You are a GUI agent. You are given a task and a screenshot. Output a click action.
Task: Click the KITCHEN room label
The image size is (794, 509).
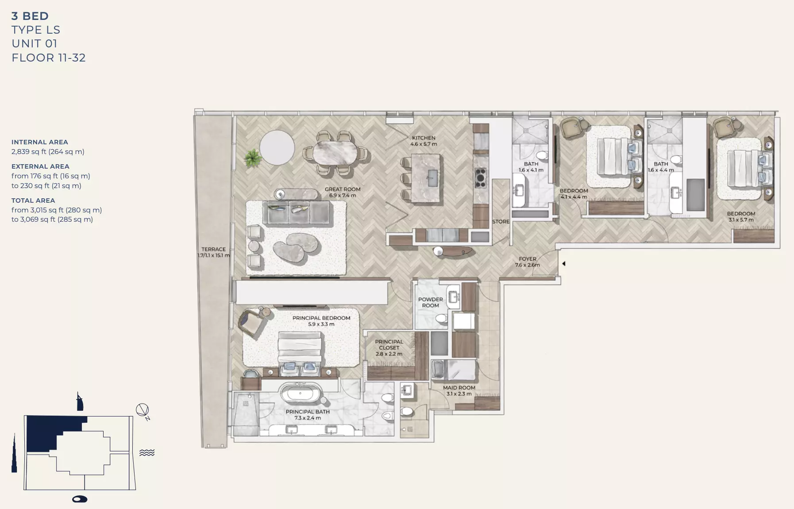[424, 141]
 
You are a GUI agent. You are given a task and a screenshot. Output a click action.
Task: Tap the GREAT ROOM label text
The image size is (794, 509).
[343, 192]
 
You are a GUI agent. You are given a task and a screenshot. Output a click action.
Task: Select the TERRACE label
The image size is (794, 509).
[213, 252]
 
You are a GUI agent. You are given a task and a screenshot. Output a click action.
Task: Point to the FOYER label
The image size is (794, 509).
[527, 262]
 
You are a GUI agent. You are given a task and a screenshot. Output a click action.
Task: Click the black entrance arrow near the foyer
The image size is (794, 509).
[563, 264]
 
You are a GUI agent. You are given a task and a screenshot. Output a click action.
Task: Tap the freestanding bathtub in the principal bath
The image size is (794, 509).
[301, 393]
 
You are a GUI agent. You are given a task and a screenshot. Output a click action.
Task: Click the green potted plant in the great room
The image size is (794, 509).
[253, 158]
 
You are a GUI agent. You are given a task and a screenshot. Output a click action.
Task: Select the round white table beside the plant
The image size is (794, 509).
[277, 148]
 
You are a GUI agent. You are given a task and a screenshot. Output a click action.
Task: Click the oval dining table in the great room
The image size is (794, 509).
[335, 153]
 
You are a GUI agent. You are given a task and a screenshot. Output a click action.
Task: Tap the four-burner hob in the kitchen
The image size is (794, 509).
[480, 178]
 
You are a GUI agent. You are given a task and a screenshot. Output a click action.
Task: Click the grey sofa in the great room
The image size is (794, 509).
[297, 213]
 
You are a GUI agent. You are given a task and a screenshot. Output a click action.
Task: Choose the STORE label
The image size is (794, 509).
[501, 222]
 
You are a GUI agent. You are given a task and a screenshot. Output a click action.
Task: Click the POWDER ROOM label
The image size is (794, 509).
[430, 302]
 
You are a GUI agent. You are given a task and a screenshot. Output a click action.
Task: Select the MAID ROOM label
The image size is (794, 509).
[459, 390]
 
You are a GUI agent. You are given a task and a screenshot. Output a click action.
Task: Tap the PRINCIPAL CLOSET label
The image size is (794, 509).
[389, 347]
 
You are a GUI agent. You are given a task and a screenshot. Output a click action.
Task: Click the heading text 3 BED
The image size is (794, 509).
[30, 16]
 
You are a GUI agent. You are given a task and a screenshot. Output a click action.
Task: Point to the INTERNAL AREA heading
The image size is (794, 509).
[40, 142]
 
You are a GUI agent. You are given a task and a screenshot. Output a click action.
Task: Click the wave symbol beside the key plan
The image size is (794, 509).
[147, 452]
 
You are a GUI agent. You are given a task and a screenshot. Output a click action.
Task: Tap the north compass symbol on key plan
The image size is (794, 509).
[143, 411]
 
